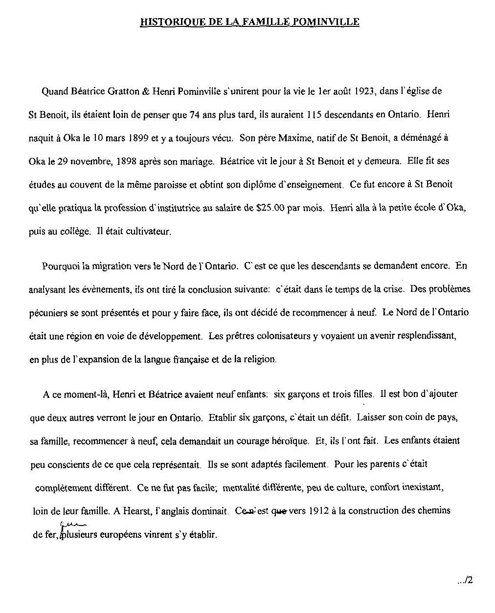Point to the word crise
coord(393,289)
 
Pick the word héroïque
coord(290,441)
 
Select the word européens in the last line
coord(120,535)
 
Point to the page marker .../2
coord(464,581)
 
